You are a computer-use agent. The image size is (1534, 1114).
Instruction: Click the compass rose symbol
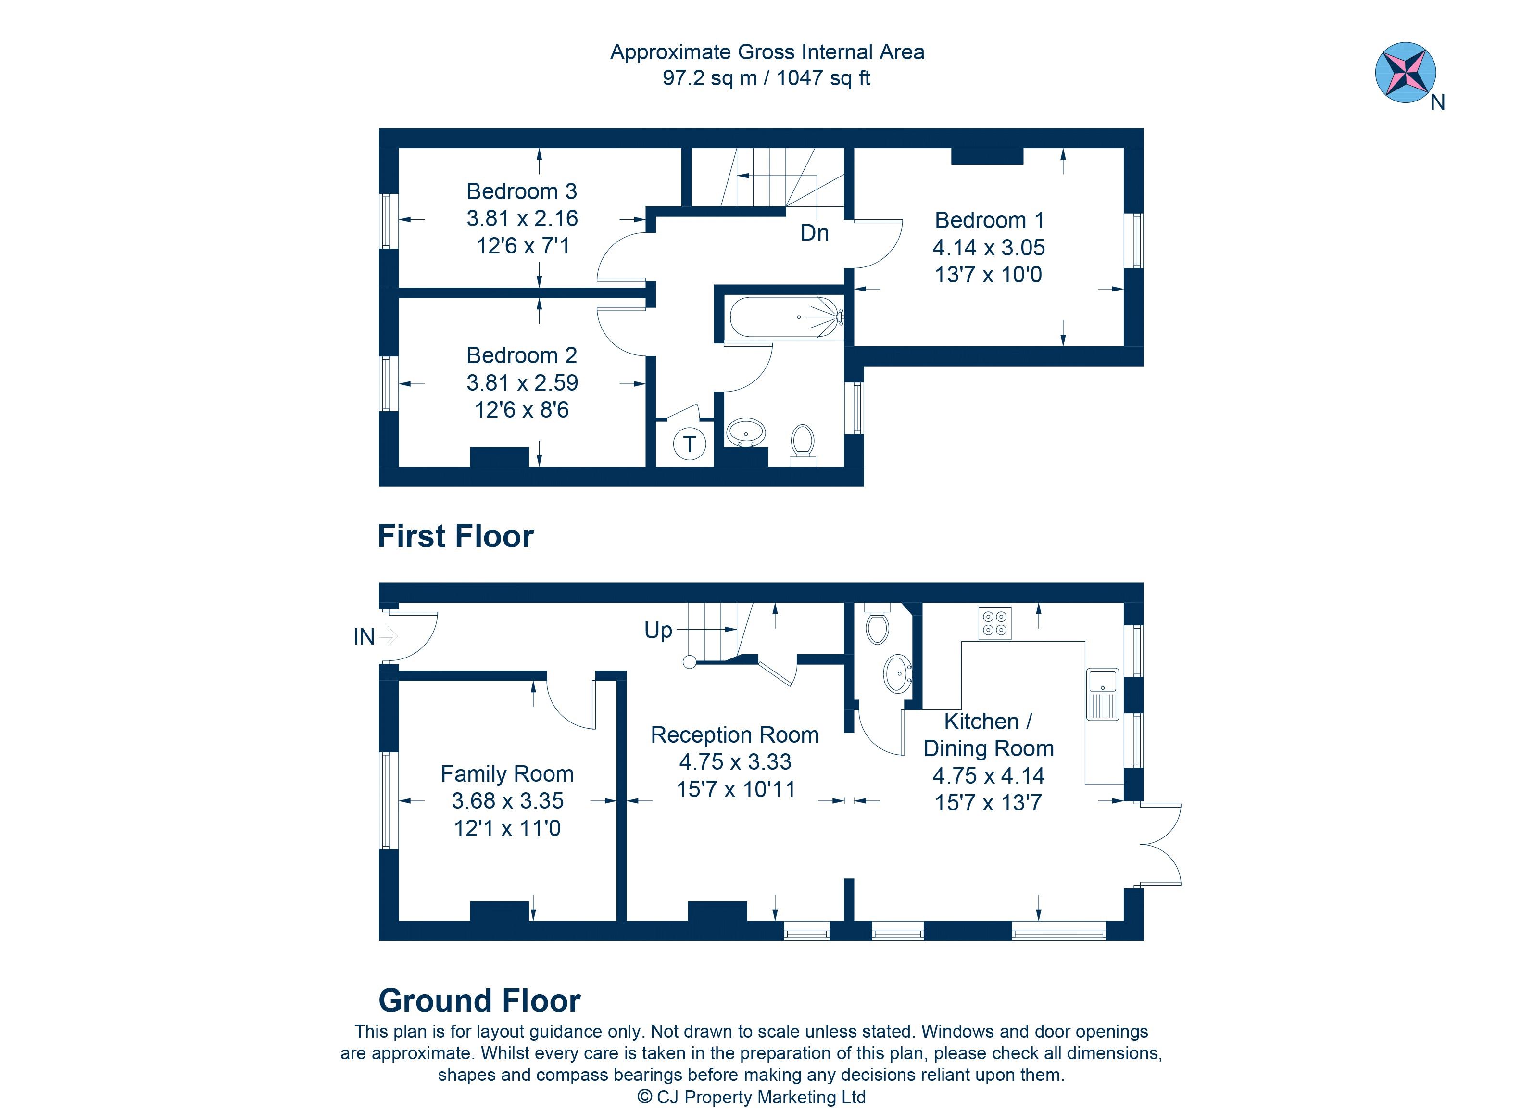1406,72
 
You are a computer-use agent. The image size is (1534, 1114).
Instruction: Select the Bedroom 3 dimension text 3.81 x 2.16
522,218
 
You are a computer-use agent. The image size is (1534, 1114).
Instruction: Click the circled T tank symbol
689,444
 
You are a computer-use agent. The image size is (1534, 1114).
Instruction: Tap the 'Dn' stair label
814,233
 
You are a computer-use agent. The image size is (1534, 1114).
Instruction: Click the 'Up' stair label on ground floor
658,631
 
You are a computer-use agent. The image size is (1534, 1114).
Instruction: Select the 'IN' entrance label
364,637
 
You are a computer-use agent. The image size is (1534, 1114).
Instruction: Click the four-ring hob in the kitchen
995,623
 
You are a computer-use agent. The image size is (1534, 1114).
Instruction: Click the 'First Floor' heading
455,536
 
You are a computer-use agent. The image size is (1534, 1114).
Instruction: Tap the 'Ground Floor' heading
479,1000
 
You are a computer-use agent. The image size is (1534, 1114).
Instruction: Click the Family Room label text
507,774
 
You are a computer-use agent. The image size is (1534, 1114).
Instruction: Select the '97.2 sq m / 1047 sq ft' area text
767,78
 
